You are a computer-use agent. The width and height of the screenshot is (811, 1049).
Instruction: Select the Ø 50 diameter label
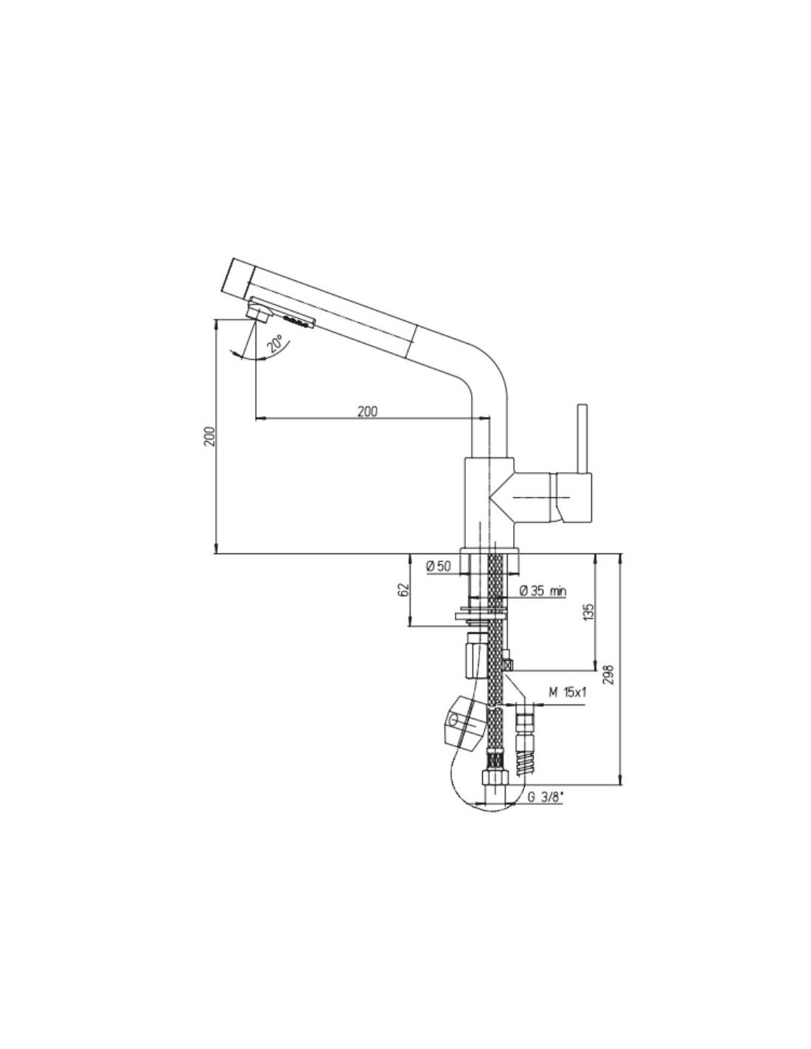(438, 567)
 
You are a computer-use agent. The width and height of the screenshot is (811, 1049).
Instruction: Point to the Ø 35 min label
(543, 590)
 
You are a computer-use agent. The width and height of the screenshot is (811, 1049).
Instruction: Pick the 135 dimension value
(588, 611)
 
